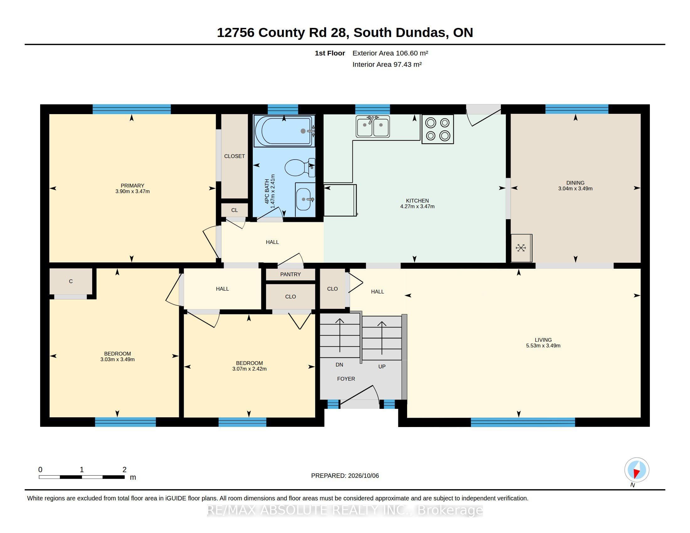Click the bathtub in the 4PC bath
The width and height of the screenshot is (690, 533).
coord(284,131)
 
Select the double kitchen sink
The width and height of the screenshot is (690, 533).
coord(373,126)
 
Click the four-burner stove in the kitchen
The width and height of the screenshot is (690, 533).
coord(438,129)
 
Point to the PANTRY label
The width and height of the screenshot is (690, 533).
coord(290,274)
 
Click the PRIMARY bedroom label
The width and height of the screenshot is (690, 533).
coord(132,186)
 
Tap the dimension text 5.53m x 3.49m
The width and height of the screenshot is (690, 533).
coord(543,346)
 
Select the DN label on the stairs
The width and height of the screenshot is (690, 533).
coord(339,365)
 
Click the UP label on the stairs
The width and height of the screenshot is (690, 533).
coord(382,367)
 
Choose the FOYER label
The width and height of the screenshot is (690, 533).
coord(346,379)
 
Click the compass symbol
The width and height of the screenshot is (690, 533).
coord(637,470)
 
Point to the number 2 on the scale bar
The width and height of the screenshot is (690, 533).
coord(125,470)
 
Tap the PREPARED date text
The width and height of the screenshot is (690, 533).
coord(345,476)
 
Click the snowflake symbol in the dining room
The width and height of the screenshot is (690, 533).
coord(521,248)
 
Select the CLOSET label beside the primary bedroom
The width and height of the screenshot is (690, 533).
coord(234,156)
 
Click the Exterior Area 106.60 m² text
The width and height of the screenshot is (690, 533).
coord(390,53)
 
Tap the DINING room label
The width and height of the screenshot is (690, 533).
coord(575,183)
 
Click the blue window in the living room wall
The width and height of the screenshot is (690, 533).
coord(523,422)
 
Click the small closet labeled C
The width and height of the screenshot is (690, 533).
coord(71,281)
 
